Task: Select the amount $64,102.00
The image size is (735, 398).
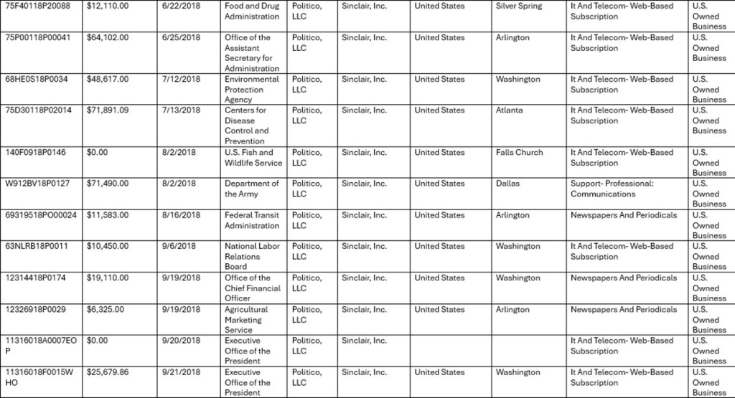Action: [108, 37]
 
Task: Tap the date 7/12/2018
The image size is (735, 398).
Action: [179, 79]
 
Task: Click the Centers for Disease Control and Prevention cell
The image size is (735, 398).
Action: [246, 125]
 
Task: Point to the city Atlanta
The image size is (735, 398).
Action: [509, 110]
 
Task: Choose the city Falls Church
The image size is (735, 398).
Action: [519, 152]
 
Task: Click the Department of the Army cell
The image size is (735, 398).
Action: [251, 189]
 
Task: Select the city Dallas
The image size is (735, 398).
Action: [507, 184]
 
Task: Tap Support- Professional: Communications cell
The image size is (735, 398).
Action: [612, 189]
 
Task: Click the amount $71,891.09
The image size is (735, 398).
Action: [108, 110]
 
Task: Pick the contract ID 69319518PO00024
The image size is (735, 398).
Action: [40, 215]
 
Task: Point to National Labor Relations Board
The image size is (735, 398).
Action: [251, 256]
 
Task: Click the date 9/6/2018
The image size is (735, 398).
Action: [177, 247]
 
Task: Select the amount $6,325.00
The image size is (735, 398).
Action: [106, 310]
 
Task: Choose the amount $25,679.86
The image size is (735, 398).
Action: [108, 372]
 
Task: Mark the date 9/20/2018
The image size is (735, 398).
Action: [179, 341]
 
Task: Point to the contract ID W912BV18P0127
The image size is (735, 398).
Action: [37, 184]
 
